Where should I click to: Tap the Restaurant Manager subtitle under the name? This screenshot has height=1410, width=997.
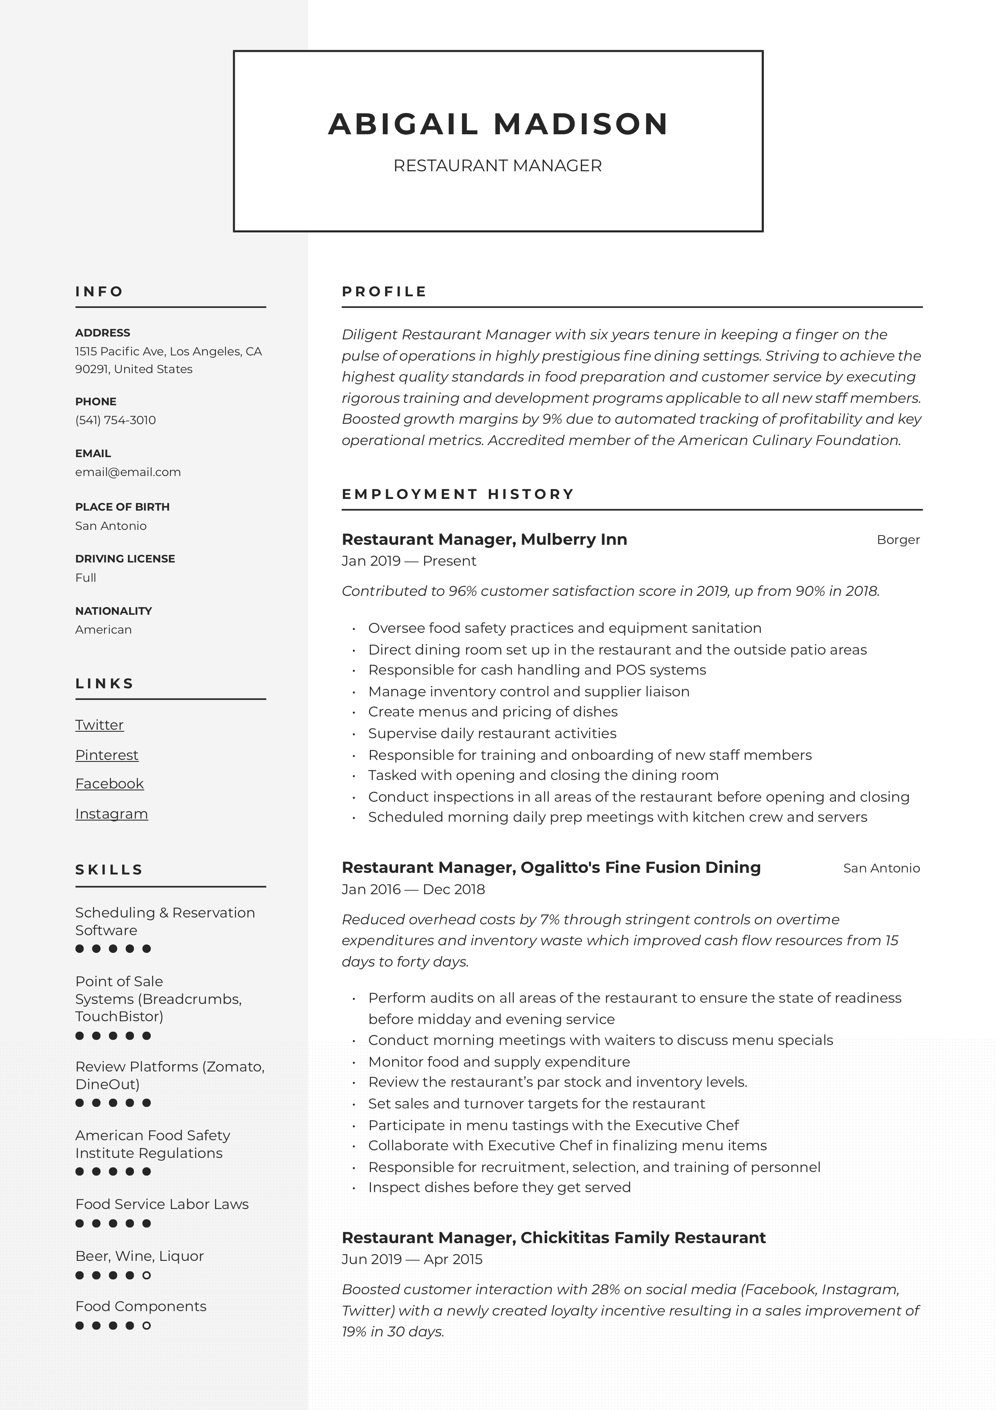pyautogui.click(x=497, y=166)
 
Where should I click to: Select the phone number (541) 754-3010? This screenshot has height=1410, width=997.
pyautogui.click(x=115, y=420)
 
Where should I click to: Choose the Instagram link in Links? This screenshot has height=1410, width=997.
pyautogui.click(x=112, y=814)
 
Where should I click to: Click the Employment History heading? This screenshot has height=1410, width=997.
pyautogui.click(x=458, y=495)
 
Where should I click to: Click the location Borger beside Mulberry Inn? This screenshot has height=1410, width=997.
pyautogui.click(x=898, y=540)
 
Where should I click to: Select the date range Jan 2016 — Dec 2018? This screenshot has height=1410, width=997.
pyautogui.click(x=413, y=889)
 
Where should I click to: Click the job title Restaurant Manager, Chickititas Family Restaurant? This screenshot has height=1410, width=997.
pyautogui.click(x=553, y=1238)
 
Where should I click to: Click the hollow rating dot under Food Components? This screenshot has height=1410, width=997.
pyautogui.click(x=146, y=1326)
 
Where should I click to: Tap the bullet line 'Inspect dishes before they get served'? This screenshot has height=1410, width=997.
pyautogui.click(x=499, y=1187)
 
